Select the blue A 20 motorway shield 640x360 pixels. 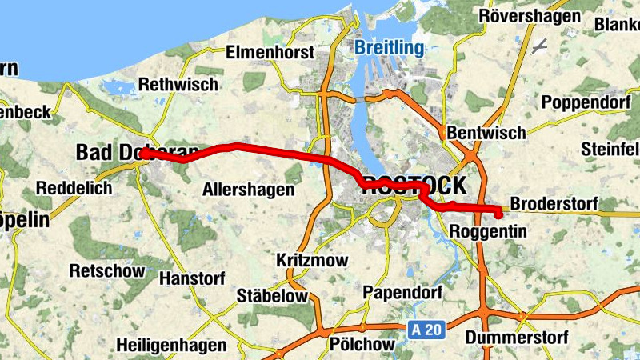pyautogui.click(x=426, y=329)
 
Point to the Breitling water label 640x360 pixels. pyautogui.click(x=390, y=48)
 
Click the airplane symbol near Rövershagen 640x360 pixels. pyautogui.click(x=540, y=46)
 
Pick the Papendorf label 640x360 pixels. pyautogui.click(x=402, y=291)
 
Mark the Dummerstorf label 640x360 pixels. pyautogui.click(x=517, y=338)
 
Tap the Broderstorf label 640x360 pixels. pyautogui.click(x=554, y=204)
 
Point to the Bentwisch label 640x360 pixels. pyautogui.click(x=486, y=132)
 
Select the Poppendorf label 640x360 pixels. pyautogui.click(x=586, y=102)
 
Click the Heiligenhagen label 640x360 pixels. pyautogui.click(x=170, y=346)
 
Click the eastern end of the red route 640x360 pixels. pyautogui.click(x=498, y=214)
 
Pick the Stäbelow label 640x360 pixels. pyautogui.click(x=272, y=296)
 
